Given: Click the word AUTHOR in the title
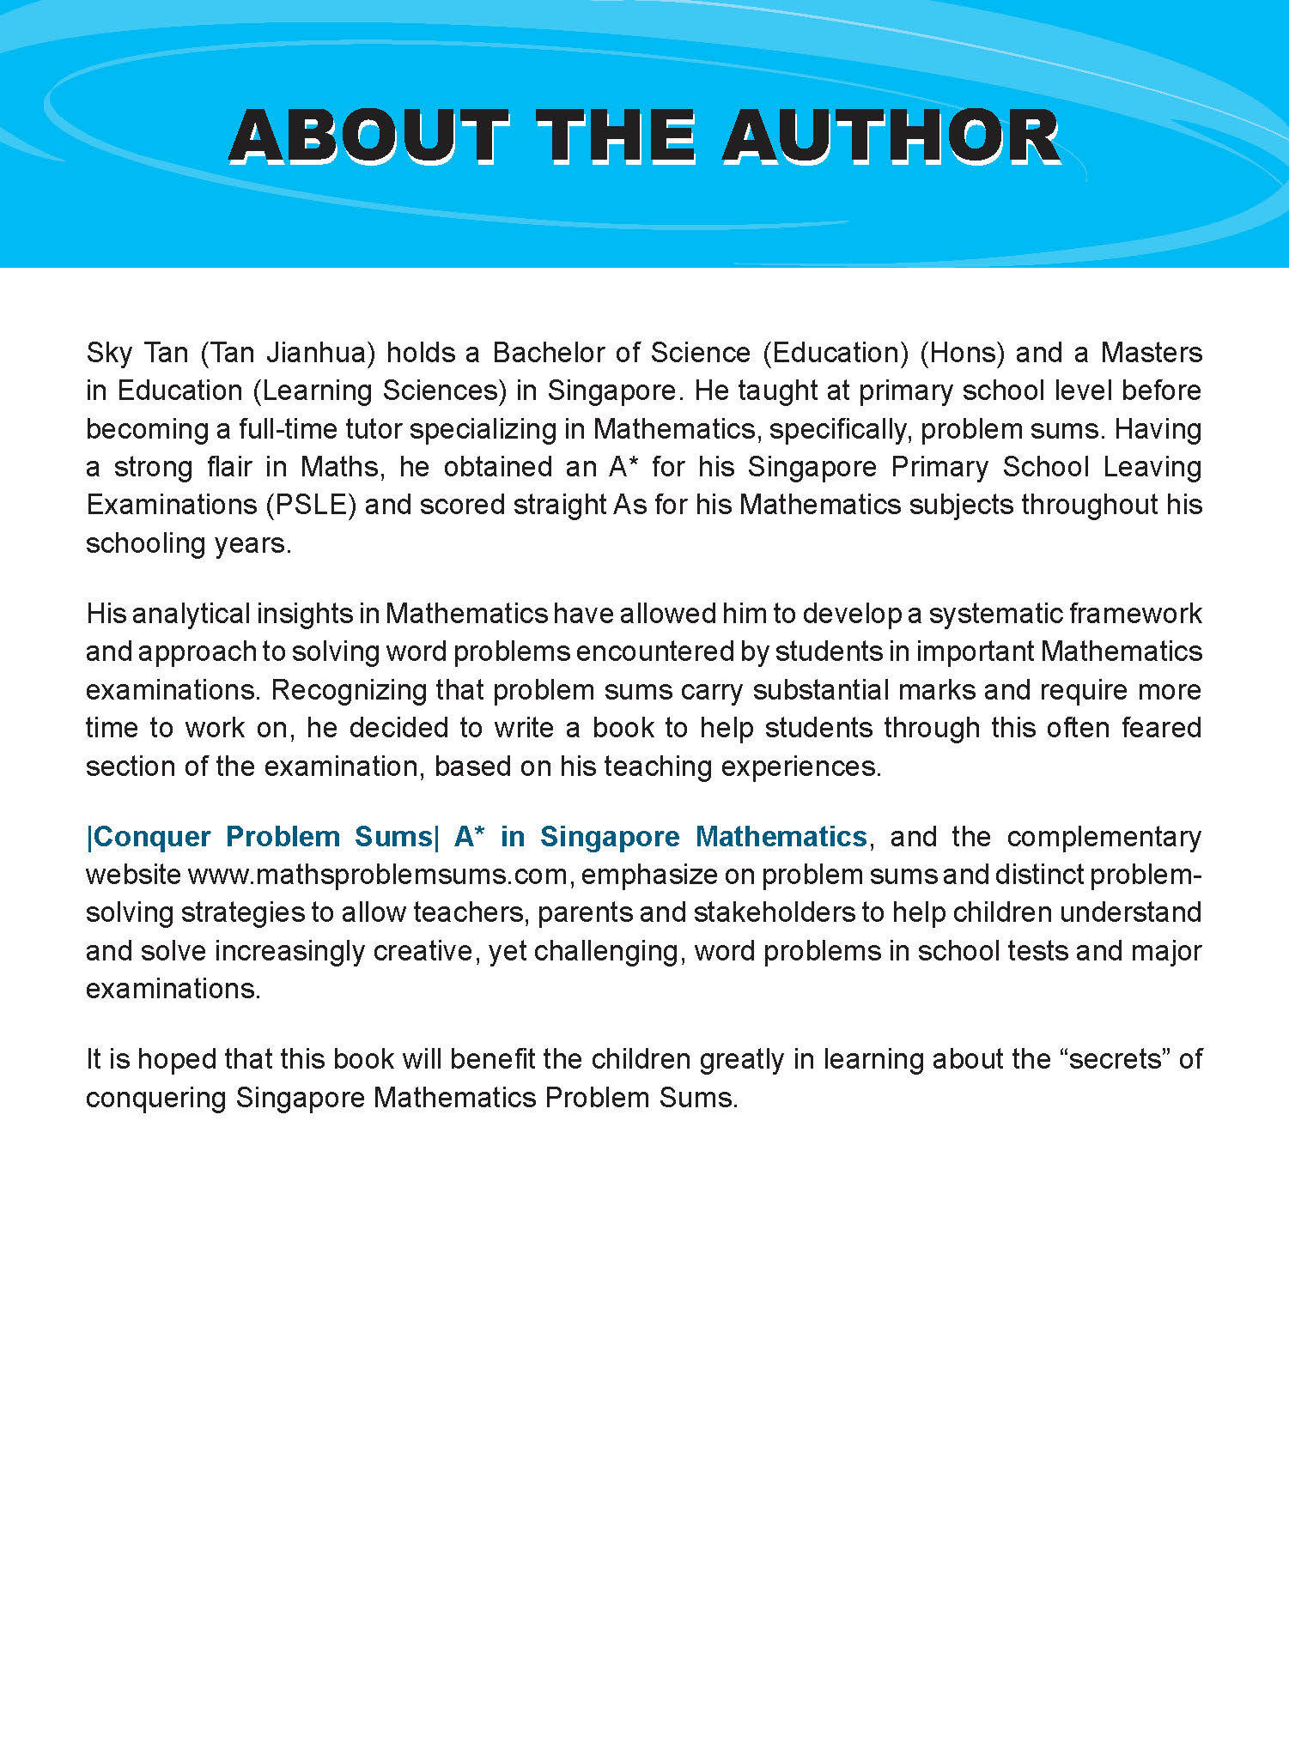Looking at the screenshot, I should pyautogui.click(x=891, y=136).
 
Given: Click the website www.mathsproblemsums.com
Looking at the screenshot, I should pyautogui.click(x=378, y=875).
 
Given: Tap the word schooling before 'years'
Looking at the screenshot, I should pyautogui.click(x=133, y=543).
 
